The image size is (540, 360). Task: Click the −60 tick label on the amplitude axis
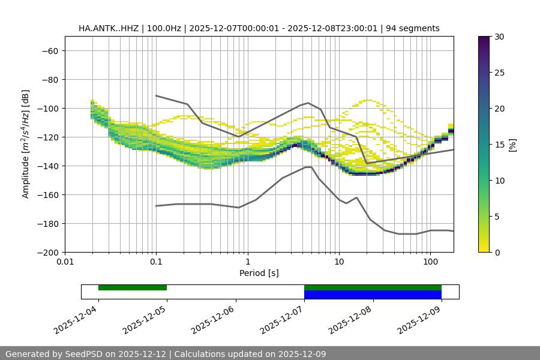[x=49, y=50]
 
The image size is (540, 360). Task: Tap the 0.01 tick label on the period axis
[x=65, y=262]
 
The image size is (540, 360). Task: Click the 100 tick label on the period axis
[x=430, y=262]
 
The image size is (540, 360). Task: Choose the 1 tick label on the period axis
[x=248, y=262]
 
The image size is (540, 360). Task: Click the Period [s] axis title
[x=259, y=273]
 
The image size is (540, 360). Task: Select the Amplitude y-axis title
[x=26, y=144]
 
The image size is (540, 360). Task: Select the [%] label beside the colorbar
[x=512, y=145]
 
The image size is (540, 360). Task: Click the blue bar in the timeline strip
[x=373, y=295]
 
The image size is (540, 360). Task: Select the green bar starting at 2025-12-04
[x=133, y=287]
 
